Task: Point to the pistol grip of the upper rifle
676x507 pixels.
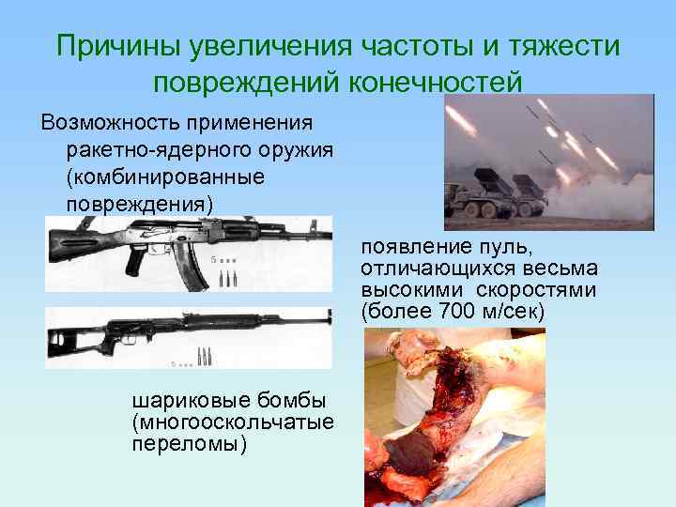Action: click(137, 258)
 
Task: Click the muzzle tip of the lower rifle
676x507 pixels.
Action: click(329, 316)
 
